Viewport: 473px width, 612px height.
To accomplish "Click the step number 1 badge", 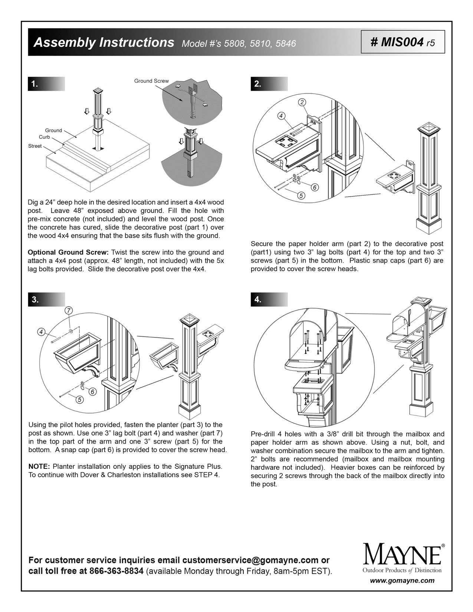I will click(35, 84).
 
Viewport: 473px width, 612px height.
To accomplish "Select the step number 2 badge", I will click(257, 84).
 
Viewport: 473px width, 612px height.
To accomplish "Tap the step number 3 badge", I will click(35, 300).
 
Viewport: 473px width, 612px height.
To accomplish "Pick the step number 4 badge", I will click(257, 300).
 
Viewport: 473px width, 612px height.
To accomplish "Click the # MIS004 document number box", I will click(403, 42).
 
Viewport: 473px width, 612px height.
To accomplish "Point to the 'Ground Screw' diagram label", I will click(151, 81).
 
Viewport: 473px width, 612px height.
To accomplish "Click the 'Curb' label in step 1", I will click(44, 137).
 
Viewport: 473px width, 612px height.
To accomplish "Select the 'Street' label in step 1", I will click(35, 146).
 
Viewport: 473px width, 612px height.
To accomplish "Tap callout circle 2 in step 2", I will click(303, 102).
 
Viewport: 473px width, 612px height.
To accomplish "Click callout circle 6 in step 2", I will click(315, 187).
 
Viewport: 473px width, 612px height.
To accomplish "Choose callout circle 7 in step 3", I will click(69, 310).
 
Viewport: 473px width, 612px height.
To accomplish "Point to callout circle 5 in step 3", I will click(80, 399).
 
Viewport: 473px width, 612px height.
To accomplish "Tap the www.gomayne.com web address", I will click(402, 581).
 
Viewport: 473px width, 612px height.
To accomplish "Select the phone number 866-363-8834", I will click(116, 571).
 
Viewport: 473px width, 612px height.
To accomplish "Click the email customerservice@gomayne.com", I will click(250, 560).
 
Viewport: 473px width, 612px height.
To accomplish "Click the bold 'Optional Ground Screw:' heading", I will click(68, 253).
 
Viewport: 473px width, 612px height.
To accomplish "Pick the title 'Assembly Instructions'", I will click(104, 43).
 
